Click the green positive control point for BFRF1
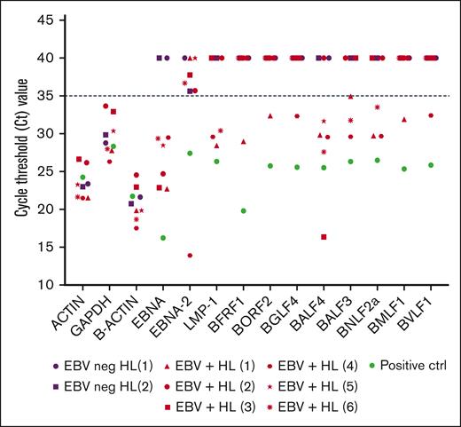(243, 210)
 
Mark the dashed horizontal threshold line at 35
(266, 96)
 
